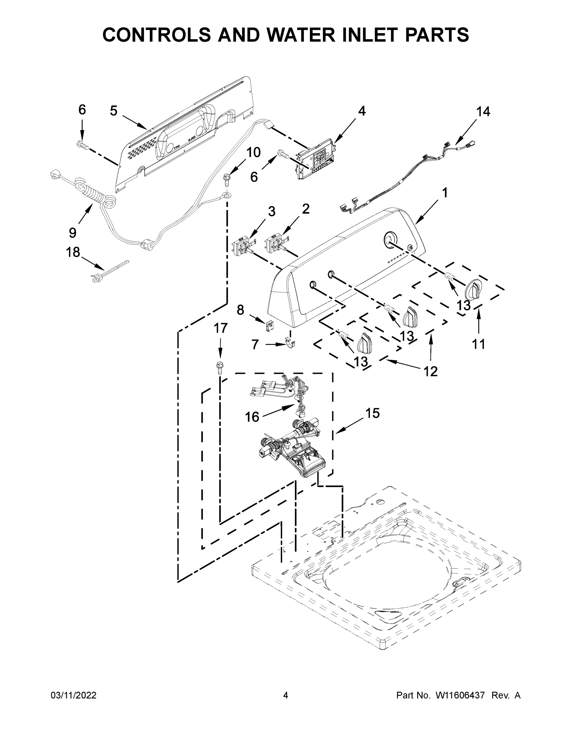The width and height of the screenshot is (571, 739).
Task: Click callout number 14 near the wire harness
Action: tap(483, 112)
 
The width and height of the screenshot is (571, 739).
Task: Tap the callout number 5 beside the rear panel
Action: tap(114, 111)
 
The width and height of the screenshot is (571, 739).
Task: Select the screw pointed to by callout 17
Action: tap(219, 368)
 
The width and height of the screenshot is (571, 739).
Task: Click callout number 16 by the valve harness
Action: tap(252, 417)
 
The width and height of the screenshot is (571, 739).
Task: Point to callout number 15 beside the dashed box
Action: tap(372, 413)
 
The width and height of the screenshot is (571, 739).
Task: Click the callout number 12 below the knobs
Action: tap(431, 372)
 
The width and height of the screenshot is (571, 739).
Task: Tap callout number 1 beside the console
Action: tap(445, 193)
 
